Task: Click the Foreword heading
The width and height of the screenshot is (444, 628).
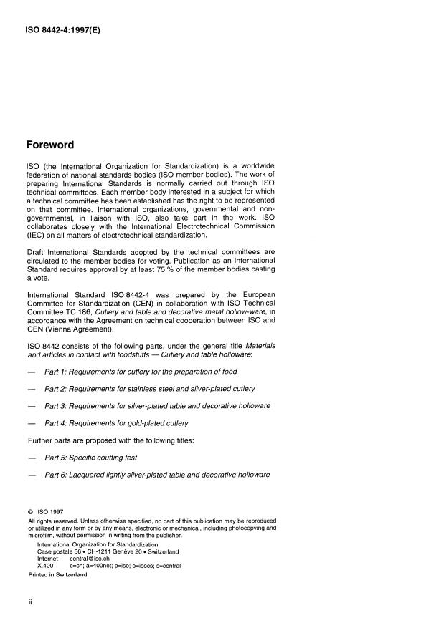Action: [x=49, y=145]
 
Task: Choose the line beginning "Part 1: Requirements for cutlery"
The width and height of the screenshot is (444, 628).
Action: [x=141, y=372]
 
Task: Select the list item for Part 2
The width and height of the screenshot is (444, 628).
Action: [x=150, y=389]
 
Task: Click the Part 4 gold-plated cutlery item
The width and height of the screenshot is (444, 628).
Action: [x=116, y=423]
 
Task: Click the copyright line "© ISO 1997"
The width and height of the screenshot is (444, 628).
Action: [x=48, y=512]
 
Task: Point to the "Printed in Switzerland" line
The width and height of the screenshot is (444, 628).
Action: [x=58, y=574]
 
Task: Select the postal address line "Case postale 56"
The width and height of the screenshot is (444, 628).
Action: [x=108, y=552]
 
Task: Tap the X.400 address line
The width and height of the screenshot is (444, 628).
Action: [x=108, y=566]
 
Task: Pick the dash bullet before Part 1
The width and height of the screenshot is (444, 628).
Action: [x=31, y=372]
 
